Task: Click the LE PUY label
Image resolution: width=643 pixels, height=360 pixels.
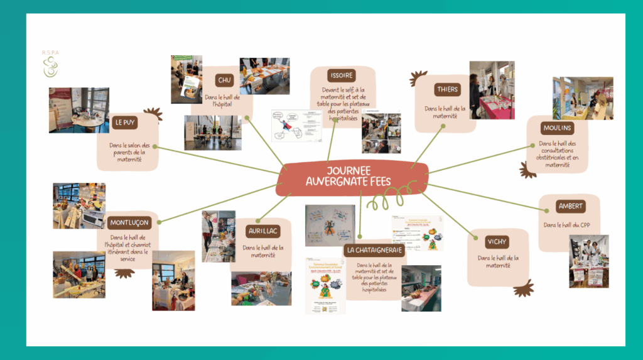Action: click(x=126, y=122)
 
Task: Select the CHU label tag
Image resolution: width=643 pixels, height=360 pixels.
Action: click(x=224, y=80)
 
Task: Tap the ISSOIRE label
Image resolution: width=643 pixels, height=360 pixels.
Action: click(x=342, y=75)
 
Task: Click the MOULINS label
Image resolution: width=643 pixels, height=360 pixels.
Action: click(x=557, y=128)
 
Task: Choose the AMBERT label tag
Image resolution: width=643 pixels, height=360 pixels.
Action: click(x=570, y=206)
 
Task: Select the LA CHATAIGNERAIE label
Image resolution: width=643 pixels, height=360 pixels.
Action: click(x=376, y=249)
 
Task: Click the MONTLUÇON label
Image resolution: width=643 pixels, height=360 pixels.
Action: click(x=129, y=222)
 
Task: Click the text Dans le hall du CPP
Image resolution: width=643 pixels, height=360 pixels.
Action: click(x=568, y=224)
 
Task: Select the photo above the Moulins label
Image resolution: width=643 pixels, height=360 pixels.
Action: click(x=582, y=99)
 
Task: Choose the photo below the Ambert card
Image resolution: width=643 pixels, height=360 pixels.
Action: click(x=588, y=261)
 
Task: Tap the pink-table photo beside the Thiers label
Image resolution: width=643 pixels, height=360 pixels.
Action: click(x=492, y=90)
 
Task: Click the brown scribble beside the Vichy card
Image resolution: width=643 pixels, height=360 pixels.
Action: click(x=523, y=288)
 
